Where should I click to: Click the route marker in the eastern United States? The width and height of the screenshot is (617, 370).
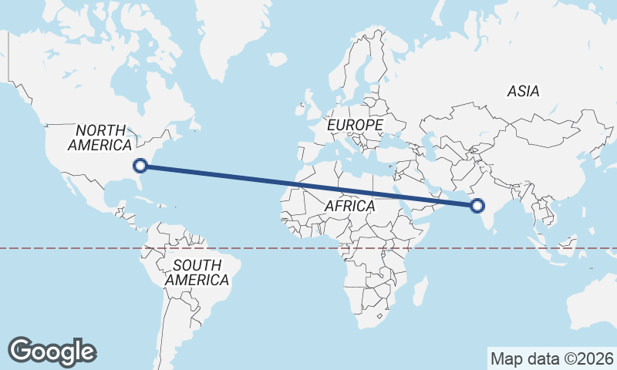[x=140, y=164]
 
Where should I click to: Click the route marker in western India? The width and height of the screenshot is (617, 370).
[x=477, y=205]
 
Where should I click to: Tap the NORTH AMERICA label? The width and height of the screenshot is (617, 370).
[x=100, y=137]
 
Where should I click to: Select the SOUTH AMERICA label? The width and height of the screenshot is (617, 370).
[x=197, y=272]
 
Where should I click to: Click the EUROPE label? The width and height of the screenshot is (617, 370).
[x=354, y=124]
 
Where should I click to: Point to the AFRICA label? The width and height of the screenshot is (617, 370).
[x=349, y=206]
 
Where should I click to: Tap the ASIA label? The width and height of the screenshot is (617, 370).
[x=523, y=91]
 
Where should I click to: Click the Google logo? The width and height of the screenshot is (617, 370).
[x=52, y=351]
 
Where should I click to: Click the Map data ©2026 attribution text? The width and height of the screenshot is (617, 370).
[x=551, y=358]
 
